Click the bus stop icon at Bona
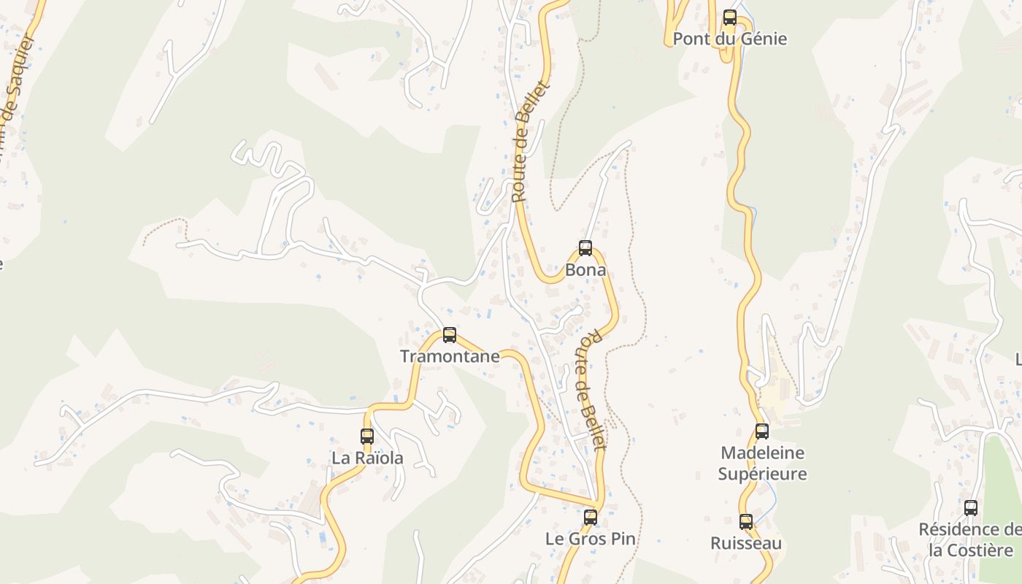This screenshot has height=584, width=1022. pos(585,248)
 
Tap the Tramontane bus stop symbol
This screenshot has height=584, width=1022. pos(450,335)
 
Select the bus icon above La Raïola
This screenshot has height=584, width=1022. pos(367,437)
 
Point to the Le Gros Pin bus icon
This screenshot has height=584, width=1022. pos(591,518)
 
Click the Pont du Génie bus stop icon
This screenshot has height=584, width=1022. pos(730,18)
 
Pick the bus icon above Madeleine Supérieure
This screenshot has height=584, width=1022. pos(762,431)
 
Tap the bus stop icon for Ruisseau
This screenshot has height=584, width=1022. pos(746,522)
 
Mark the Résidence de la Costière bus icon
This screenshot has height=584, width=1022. pos(971,508)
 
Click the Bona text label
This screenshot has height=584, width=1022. pos(585,270)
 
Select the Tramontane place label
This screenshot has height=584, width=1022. pos(450,357)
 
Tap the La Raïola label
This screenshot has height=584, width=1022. pos(367,458)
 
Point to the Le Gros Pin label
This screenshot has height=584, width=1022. pos(591,539)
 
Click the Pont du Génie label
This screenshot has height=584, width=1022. pos(730,39)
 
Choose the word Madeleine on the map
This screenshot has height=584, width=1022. pos(762,453)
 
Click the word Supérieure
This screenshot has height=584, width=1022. pos(762,474)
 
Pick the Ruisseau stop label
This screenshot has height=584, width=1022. pos(746,544)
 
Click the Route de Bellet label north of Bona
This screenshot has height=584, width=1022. pos(529,142)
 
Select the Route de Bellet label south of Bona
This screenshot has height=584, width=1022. pos(592,391)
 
